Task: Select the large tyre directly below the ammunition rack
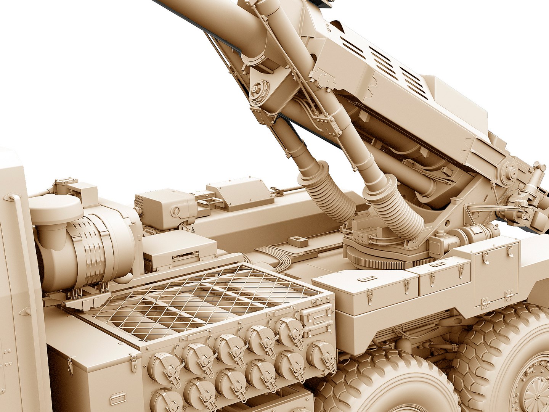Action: point(381,385)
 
